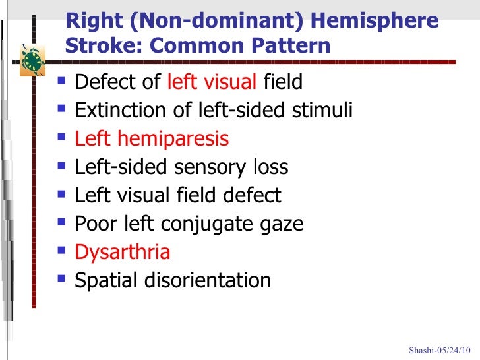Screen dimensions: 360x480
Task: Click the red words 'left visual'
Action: (x=212, y=82)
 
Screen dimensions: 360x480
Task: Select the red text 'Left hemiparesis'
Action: (x=152, y=139)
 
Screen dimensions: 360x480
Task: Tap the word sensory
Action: (x=211, y=167)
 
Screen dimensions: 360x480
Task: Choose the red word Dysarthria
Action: (x=123, y=252)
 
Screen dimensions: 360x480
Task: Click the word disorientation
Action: (x=207, y=280)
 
